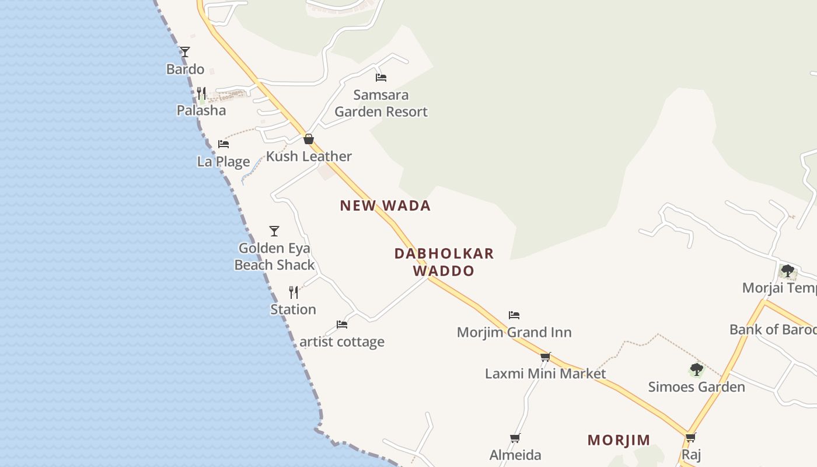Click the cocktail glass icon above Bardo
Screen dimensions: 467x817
[x=185, y=52]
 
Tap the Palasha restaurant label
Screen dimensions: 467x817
[x=201, y=110]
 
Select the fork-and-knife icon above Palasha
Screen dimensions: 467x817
[x=201, y=93]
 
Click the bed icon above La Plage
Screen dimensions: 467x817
[x=224, y=144]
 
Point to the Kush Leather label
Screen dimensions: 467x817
[x=309, y=156]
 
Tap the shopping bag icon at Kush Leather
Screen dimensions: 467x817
[x=309, y=139]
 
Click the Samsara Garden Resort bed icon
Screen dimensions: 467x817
[x=381, y=77]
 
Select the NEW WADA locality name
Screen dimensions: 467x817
[x=385, y=205]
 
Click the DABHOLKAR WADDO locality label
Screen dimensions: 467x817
[x=444, y=262]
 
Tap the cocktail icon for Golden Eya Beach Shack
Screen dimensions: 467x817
[x=274, y=231]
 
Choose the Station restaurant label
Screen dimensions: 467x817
[x=293, y=309]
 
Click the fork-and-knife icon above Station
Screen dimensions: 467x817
[x=294, y=292]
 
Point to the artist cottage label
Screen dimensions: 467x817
[x=342, y=341]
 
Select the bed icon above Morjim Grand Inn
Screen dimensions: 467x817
[x=514, y=315]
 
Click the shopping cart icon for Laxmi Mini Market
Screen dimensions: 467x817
[x=546, y=357]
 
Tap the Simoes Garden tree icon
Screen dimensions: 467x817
[x=696, y=370]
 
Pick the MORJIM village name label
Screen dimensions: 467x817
[x=619, y=440]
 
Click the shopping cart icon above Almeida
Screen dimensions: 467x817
[x=515, y=438]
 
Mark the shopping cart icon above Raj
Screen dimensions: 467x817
[x=691, y=437]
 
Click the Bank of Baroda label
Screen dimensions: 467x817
[x=773, y=330]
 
